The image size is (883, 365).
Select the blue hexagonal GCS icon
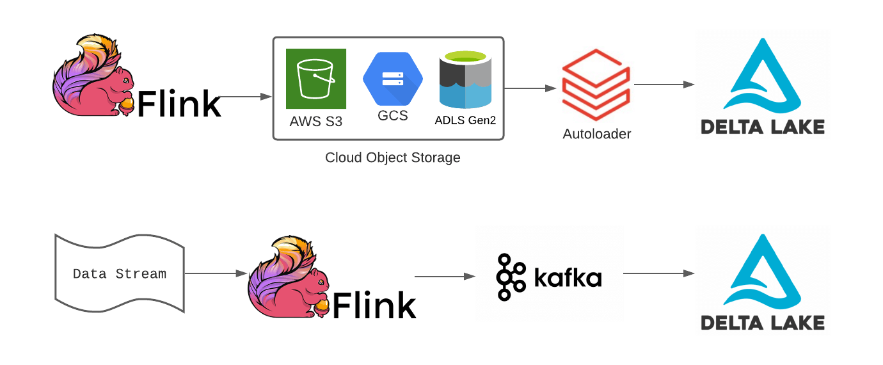pos(392,79)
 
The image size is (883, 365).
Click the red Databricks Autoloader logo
pos(596,87)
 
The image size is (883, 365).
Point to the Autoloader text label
pos(596,134)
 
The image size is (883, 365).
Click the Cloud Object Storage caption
pos(392,158)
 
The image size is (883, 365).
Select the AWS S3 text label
pos(316,120)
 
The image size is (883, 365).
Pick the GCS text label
pos(392,117)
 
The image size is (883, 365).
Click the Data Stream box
pos(120,274)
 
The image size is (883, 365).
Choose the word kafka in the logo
pos(568,278)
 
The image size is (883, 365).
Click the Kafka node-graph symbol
pos(511,277)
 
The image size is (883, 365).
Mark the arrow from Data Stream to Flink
pos(216,273)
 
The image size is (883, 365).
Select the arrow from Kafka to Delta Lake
pos(658,273)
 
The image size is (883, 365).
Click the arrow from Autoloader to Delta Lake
pos(664,84)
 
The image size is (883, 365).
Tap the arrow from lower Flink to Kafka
pos(445,277)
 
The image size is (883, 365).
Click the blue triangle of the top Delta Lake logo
pos(762,77)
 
